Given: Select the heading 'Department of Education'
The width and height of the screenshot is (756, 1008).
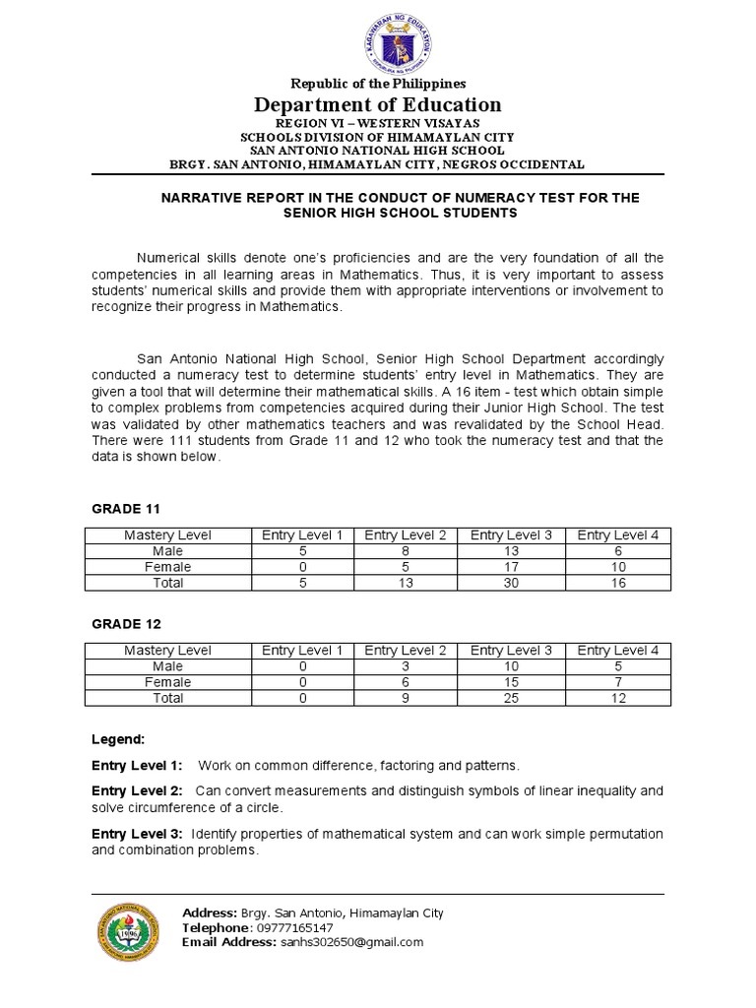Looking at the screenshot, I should click(x=378, y=105).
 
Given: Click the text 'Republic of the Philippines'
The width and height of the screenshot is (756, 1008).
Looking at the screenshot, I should click(x=378, y=84).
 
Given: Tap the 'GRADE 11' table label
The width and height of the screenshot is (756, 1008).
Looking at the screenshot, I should click(x=125, y=508).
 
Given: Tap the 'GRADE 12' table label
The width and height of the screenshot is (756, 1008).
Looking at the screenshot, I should click(x=125, y=624).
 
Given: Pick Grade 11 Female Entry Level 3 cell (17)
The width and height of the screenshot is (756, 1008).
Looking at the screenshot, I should click(x=511, y=566).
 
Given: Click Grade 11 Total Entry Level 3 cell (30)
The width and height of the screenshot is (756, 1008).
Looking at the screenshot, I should click(x=511, y=583).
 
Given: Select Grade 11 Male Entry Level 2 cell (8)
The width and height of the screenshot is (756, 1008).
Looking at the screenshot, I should click(x=406, y=550).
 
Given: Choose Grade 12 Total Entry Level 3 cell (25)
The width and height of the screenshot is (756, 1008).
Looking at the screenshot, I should click(x=511, y=698).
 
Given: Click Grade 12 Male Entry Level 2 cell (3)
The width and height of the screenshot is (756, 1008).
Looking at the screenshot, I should click(x=406, y=666).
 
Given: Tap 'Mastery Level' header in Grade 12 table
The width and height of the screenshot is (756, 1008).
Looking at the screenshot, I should click(x=167, y=651).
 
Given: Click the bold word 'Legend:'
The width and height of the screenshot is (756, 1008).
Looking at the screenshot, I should click(x=118, y=738).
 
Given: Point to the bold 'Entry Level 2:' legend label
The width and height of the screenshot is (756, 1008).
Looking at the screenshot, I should click(x=137, y=790).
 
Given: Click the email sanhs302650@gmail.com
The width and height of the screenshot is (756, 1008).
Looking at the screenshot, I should click(x=350, y=942).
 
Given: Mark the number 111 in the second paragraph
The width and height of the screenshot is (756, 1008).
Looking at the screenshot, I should click(x=184, y=441).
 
